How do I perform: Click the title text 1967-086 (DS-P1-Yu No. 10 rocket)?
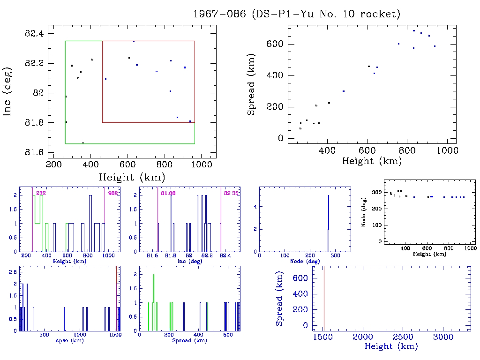297,14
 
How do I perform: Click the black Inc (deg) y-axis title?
7,93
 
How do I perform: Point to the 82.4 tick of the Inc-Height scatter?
35,33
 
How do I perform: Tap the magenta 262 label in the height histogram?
40,193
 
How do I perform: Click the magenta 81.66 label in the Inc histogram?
167,193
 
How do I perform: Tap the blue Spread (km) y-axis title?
280,305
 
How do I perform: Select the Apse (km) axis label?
69,340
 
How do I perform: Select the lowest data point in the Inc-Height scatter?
83,142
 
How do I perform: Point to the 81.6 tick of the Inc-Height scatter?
35,152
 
